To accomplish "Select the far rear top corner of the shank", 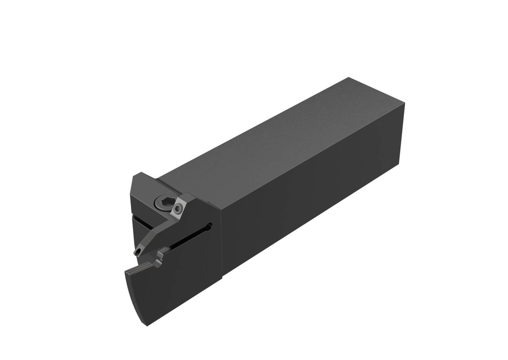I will point(349,78).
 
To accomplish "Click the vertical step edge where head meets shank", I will point(221,238).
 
